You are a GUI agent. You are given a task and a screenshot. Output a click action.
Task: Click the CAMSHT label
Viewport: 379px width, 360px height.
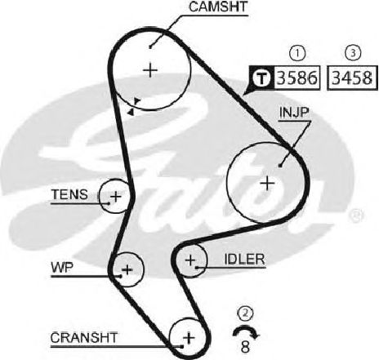218,7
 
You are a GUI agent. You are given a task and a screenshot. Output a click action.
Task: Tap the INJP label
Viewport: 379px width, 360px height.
294,113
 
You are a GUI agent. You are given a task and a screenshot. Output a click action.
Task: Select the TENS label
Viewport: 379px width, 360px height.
69,194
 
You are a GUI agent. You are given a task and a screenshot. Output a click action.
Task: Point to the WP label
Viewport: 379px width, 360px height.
62,268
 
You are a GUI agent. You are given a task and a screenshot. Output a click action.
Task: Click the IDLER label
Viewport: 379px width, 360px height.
244,260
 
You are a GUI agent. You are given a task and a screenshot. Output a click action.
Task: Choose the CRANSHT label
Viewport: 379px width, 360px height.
84,338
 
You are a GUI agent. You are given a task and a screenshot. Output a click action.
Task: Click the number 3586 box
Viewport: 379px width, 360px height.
297,78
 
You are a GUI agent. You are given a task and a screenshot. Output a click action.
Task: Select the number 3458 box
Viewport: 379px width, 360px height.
352,78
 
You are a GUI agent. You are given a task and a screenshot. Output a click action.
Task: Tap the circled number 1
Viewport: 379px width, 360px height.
297,53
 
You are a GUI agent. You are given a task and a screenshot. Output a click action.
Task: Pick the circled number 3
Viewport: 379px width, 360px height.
353,53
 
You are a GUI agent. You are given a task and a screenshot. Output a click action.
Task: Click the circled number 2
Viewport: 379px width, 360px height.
245,314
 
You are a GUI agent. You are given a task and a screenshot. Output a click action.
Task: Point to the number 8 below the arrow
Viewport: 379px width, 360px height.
245,346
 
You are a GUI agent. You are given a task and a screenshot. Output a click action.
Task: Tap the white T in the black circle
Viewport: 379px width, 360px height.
261,78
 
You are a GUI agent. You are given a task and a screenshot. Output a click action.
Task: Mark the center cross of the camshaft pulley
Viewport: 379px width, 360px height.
150,70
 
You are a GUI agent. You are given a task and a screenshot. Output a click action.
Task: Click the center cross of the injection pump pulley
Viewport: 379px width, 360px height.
267,183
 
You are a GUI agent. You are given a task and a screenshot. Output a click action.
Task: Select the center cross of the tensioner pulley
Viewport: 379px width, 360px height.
116,197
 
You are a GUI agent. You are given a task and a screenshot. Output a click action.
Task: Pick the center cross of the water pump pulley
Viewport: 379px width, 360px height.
127,270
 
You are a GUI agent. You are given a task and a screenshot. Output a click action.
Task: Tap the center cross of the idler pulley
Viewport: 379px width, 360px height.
190,260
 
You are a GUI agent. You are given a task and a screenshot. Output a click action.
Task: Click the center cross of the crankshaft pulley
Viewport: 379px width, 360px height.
189,338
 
